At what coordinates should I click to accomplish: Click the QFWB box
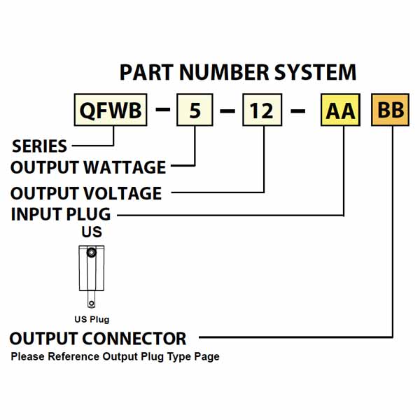111,111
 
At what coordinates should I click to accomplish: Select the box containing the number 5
195,111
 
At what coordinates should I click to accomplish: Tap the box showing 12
262,111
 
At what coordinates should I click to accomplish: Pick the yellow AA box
341,111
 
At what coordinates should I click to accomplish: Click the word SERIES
40,146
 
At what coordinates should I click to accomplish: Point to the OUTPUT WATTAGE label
88,168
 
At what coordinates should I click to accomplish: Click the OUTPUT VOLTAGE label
86,192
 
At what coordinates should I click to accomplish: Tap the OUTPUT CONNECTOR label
98,339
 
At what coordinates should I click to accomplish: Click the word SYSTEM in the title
319,73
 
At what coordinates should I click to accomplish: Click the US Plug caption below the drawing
92,319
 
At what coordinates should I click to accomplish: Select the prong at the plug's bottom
91,302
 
